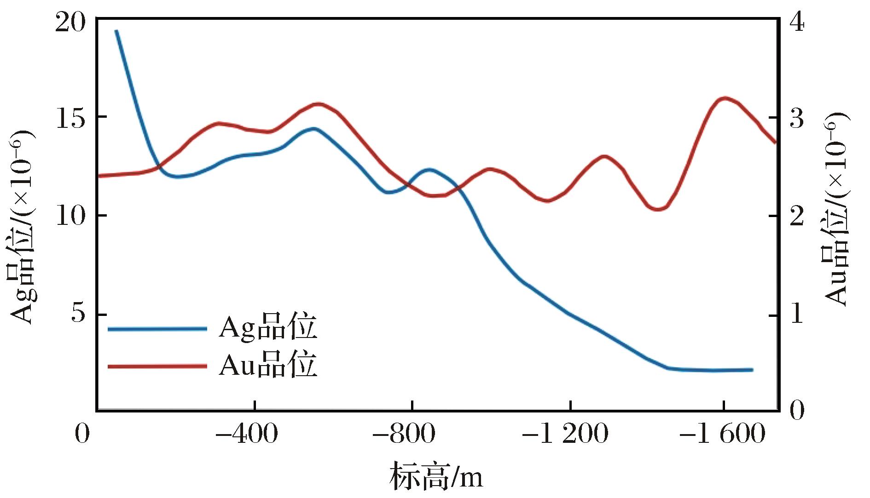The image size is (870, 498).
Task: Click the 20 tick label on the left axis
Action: (70, 23)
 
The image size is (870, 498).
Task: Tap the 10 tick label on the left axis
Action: (70, 216)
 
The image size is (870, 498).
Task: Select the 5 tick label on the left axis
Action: (79, 314)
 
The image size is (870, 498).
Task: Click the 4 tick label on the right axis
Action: (797, 23)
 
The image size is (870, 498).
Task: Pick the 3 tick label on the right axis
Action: (797, 118)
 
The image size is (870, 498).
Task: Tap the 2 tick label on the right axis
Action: (797, 216)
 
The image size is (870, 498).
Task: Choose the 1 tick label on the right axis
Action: (797, 314)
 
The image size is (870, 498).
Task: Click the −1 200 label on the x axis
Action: (566, 434)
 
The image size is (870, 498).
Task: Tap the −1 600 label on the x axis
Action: (723, 434)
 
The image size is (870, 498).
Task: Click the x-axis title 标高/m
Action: (436, 476)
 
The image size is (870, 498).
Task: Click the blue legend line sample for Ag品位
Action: (157, 328)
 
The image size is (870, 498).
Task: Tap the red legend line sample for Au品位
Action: (157, 366)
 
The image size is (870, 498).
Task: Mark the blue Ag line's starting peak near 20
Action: (116, 31)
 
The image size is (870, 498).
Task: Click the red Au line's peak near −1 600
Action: (725, 98)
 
